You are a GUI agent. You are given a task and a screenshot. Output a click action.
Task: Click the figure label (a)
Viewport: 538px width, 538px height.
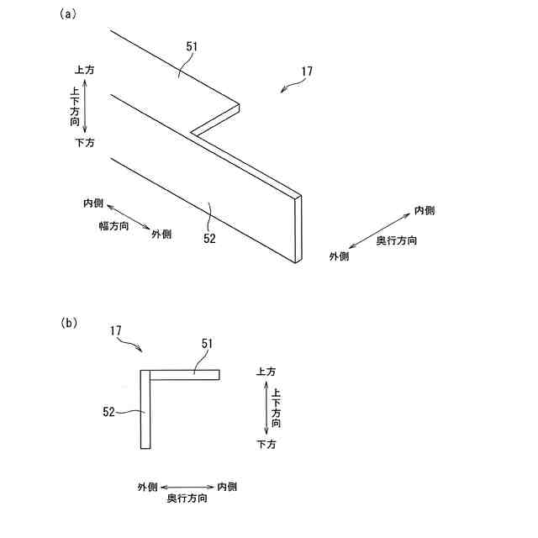[68, 13]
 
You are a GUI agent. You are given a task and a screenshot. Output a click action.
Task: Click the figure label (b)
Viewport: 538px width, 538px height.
[68, 322]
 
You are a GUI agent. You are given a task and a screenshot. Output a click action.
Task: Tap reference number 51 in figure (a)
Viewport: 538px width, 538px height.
[192, 48]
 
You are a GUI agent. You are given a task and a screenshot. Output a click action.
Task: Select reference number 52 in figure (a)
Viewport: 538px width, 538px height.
[209, 238]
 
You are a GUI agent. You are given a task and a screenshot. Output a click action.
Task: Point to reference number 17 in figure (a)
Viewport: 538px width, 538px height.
[306, 71]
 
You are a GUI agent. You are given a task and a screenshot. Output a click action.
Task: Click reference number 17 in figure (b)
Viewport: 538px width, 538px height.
[117, 332]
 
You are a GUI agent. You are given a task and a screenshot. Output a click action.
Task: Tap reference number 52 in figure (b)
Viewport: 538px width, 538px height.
[108, 412]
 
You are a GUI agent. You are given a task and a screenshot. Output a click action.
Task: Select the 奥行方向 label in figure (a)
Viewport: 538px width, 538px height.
[396, 241]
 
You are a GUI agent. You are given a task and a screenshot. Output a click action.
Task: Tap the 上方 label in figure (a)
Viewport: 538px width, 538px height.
[85, 71]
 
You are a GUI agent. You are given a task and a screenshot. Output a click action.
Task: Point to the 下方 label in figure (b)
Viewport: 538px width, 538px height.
[266, 443]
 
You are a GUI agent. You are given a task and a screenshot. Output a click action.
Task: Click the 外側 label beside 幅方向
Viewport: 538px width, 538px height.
[161, 234]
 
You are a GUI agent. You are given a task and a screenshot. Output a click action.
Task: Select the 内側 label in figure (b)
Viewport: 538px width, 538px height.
[228, 486]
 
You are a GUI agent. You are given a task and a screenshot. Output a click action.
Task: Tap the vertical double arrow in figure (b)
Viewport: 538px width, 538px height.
[266, 407]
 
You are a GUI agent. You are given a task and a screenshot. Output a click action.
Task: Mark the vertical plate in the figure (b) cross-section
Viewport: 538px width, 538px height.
[145, 409]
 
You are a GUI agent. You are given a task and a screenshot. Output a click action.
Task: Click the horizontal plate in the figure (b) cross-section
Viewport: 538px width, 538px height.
[184, 374]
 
